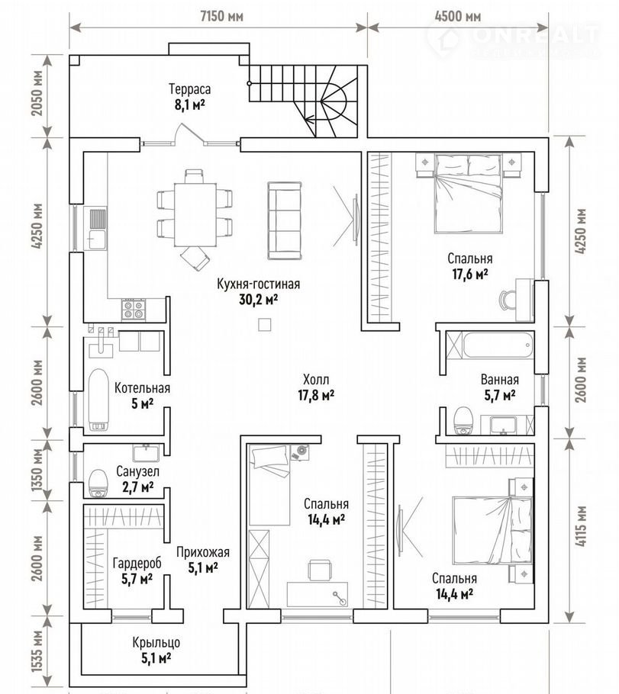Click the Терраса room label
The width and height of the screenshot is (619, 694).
pos(189,89)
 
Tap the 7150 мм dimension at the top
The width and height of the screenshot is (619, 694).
pos(222,17)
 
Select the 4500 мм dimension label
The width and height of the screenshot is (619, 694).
pos(458,17)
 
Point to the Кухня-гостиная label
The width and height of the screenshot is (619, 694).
pos(258,283)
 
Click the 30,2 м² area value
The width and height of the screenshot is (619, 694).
pos(258,300)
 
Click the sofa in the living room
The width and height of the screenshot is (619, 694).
pos(285,220)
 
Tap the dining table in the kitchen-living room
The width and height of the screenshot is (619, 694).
pos(195,214)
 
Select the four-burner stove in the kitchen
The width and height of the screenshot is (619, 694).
pos(134,309)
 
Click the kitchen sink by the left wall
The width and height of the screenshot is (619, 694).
pos(98,228)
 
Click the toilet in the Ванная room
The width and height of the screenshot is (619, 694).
pos(464,421)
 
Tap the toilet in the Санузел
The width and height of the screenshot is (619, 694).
pos(98,484)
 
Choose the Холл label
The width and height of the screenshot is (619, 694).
pos(316,379)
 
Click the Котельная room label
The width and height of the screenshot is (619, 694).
pos(142,388)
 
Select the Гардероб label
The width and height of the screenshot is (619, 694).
pos(137,564)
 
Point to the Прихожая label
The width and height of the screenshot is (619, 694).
pos(203,552)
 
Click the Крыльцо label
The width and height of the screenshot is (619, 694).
pos(156,643)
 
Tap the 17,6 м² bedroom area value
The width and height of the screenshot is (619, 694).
pos(469,275)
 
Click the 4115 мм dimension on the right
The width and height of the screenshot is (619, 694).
pos(582,525)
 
